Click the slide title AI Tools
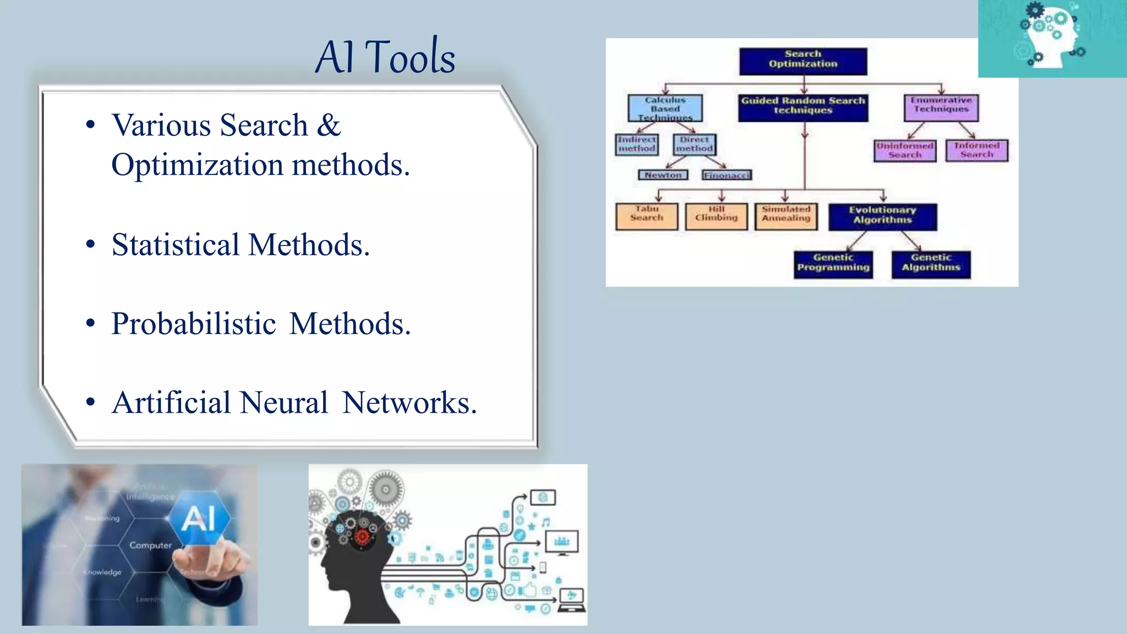[x=385, y=57]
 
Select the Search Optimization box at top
[x=803, y=61]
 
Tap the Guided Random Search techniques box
[x=803, y=107]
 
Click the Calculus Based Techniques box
[x=665, y=108]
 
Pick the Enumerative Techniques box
[x=941, y=107]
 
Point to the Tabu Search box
[x=647, y=216]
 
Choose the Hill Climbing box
[x=716, y=216]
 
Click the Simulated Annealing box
[x=786, y=216]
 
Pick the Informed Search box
[x=977, y=150]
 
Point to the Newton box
[x=663, y=175]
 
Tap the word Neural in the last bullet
[x=284, y=403]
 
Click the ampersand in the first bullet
[x=329, y=125]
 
